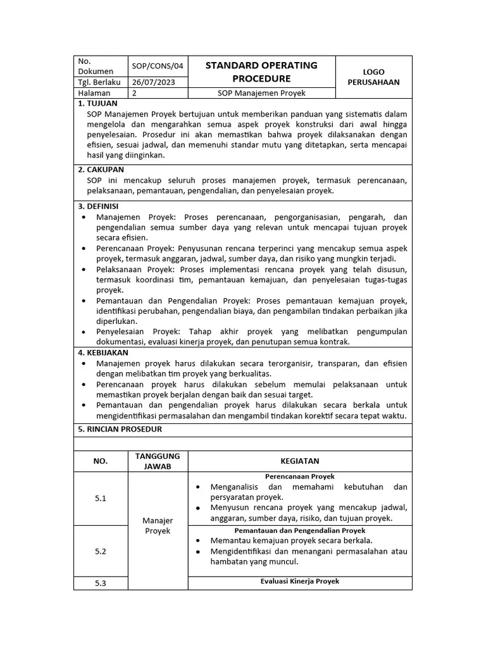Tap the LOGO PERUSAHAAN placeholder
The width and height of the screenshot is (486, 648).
coord(373,77)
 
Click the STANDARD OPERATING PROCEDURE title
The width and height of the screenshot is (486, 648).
coord(261,72)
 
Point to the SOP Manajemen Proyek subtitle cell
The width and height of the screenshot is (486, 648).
coord(261,93)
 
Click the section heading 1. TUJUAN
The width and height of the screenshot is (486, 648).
coord(97,103)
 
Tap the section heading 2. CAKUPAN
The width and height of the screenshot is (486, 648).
coord(101,170)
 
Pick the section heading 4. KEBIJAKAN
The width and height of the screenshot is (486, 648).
coord(103,352)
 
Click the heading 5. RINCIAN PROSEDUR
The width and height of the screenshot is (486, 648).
coord(120,429)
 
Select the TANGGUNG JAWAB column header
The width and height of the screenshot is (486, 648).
coord(158,461)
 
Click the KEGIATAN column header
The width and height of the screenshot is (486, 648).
coord(299,461)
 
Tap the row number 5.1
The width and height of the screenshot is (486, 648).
coord(101,499)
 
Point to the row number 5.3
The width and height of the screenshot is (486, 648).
coord(101,583)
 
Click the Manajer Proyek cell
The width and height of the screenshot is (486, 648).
coord(158,526)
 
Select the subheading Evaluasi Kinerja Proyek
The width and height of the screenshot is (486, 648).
coord(299,581)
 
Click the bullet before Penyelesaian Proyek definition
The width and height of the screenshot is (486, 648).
coord(85,332)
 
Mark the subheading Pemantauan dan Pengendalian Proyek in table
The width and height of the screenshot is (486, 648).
coord(299,530)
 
